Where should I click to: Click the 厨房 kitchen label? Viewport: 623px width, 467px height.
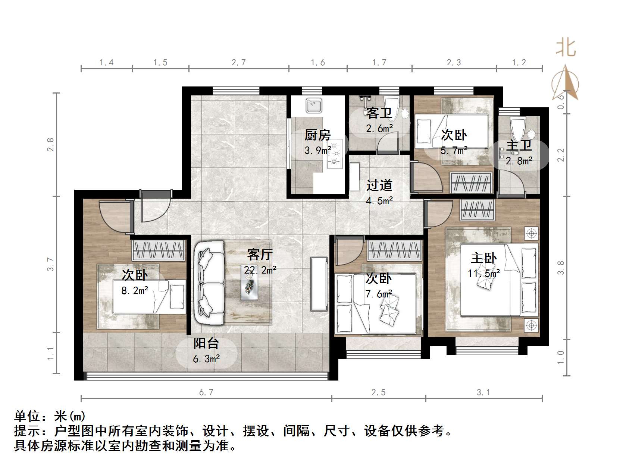(317, 135)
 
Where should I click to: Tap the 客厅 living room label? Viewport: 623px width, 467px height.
(260, 255)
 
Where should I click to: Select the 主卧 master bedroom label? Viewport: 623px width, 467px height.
(483, 258)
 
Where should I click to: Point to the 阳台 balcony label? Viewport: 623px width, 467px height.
(206, 343)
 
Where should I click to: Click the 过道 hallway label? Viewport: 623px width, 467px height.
(379, 185)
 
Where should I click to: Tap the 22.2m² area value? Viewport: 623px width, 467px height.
(260, 270)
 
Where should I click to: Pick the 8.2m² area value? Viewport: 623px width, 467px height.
(135, 290)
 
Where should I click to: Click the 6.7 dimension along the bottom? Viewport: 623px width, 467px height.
(206, 392)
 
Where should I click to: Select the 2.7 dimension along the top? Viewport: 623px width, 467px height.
(239, 63)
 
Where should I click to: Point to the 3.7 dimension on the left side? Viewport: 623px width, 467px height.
(51, 264)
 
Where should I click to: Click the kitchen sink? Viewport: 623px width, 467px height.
(314, 105)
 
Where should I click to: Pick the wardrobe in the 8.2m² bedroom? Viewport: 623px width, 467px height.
(159, 250)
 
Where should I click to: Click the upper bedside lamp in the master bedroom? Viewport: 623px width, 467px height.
(531, 234)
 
